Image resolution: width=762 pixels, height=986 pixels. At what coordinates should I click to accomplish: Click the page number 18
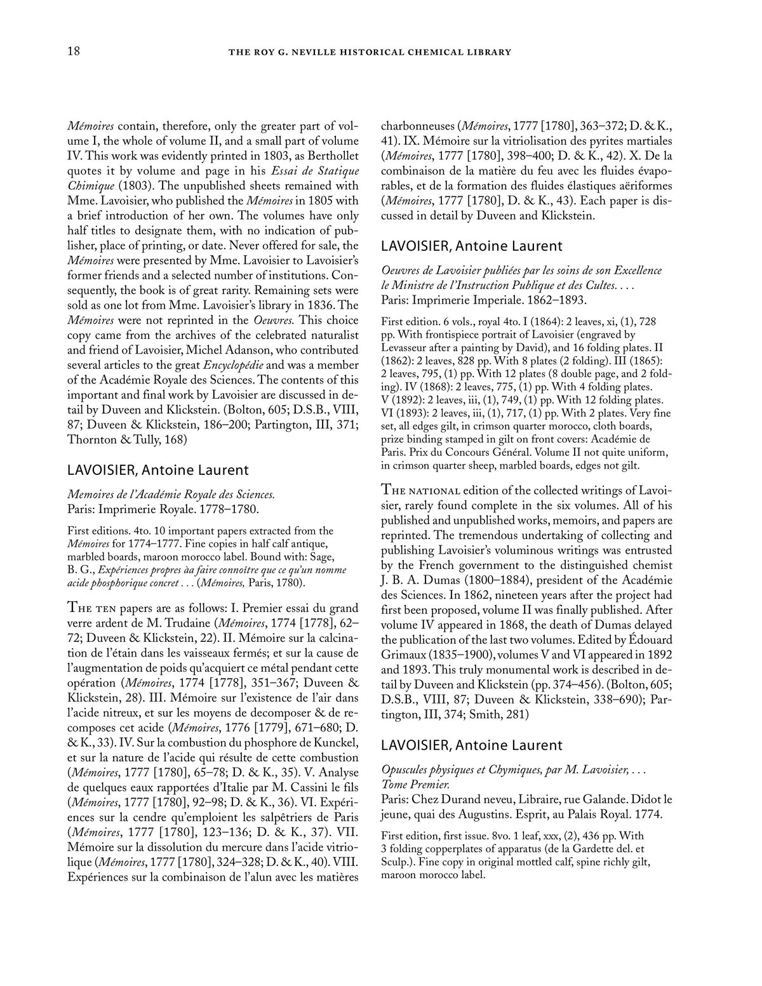tap(74, 51)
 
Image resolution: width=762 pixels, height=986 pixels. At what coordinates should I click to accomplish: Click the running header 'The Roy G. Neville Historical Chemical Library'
tap(382, 52)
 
